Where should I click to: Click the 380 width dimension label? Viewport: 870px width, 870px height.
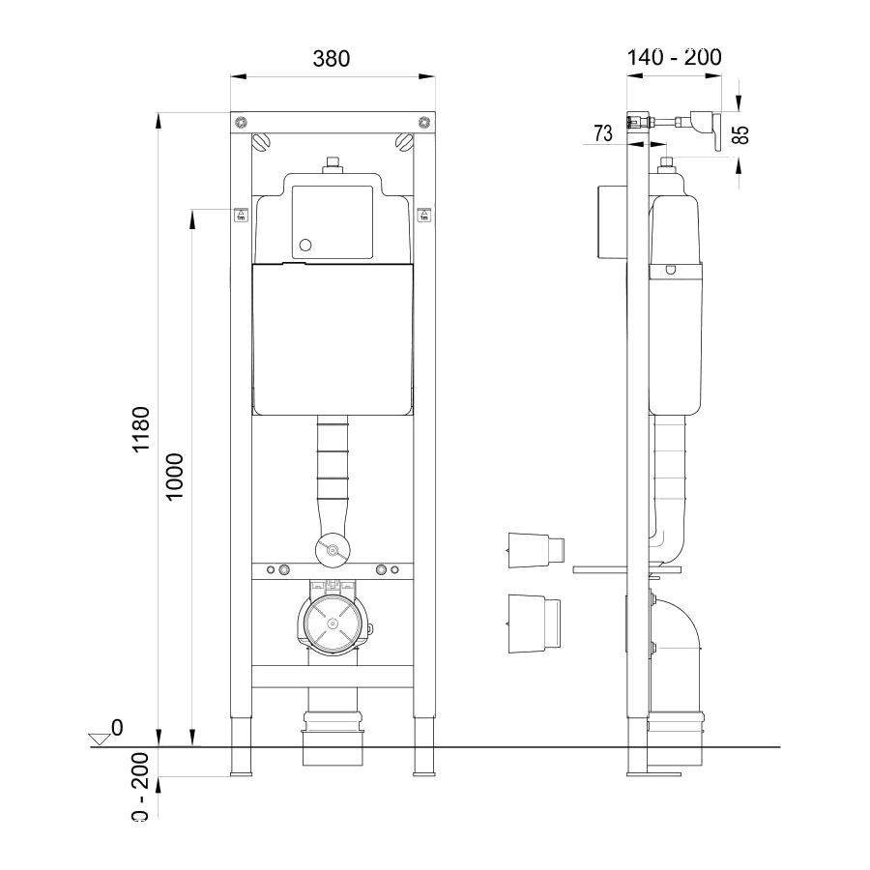point(331,58)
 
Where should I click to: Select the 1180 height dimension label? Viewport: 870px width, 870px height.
point(141,430)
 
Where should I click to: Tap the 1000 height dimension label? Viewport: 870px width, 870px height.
point(175,476)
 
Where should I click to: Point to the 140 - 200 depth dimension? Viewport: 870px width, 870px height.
point(674,58)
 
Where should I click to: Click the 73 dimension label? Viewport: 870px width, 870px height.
point(602,134)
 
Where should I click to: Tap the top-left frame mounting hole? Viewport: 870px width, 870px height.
point(241,122)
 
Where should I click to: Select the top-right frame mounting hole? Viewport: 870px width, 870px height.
point(422,122)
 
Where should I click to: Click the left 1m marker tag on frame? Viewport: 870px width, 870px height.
point(241,215)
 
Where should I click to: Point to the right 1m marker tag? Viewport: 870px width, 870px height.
point(422,215)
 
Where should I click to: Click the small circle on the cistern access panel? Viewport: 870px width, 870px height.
point(305,246)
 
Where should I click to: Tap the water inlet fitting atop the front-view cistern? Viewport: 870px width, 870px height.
point(332,165)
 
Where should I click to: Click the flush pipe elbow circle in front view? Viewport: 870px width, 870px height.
point(332,551)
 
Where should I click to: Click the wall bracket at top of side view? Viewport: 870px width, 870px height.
point(677,124)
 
